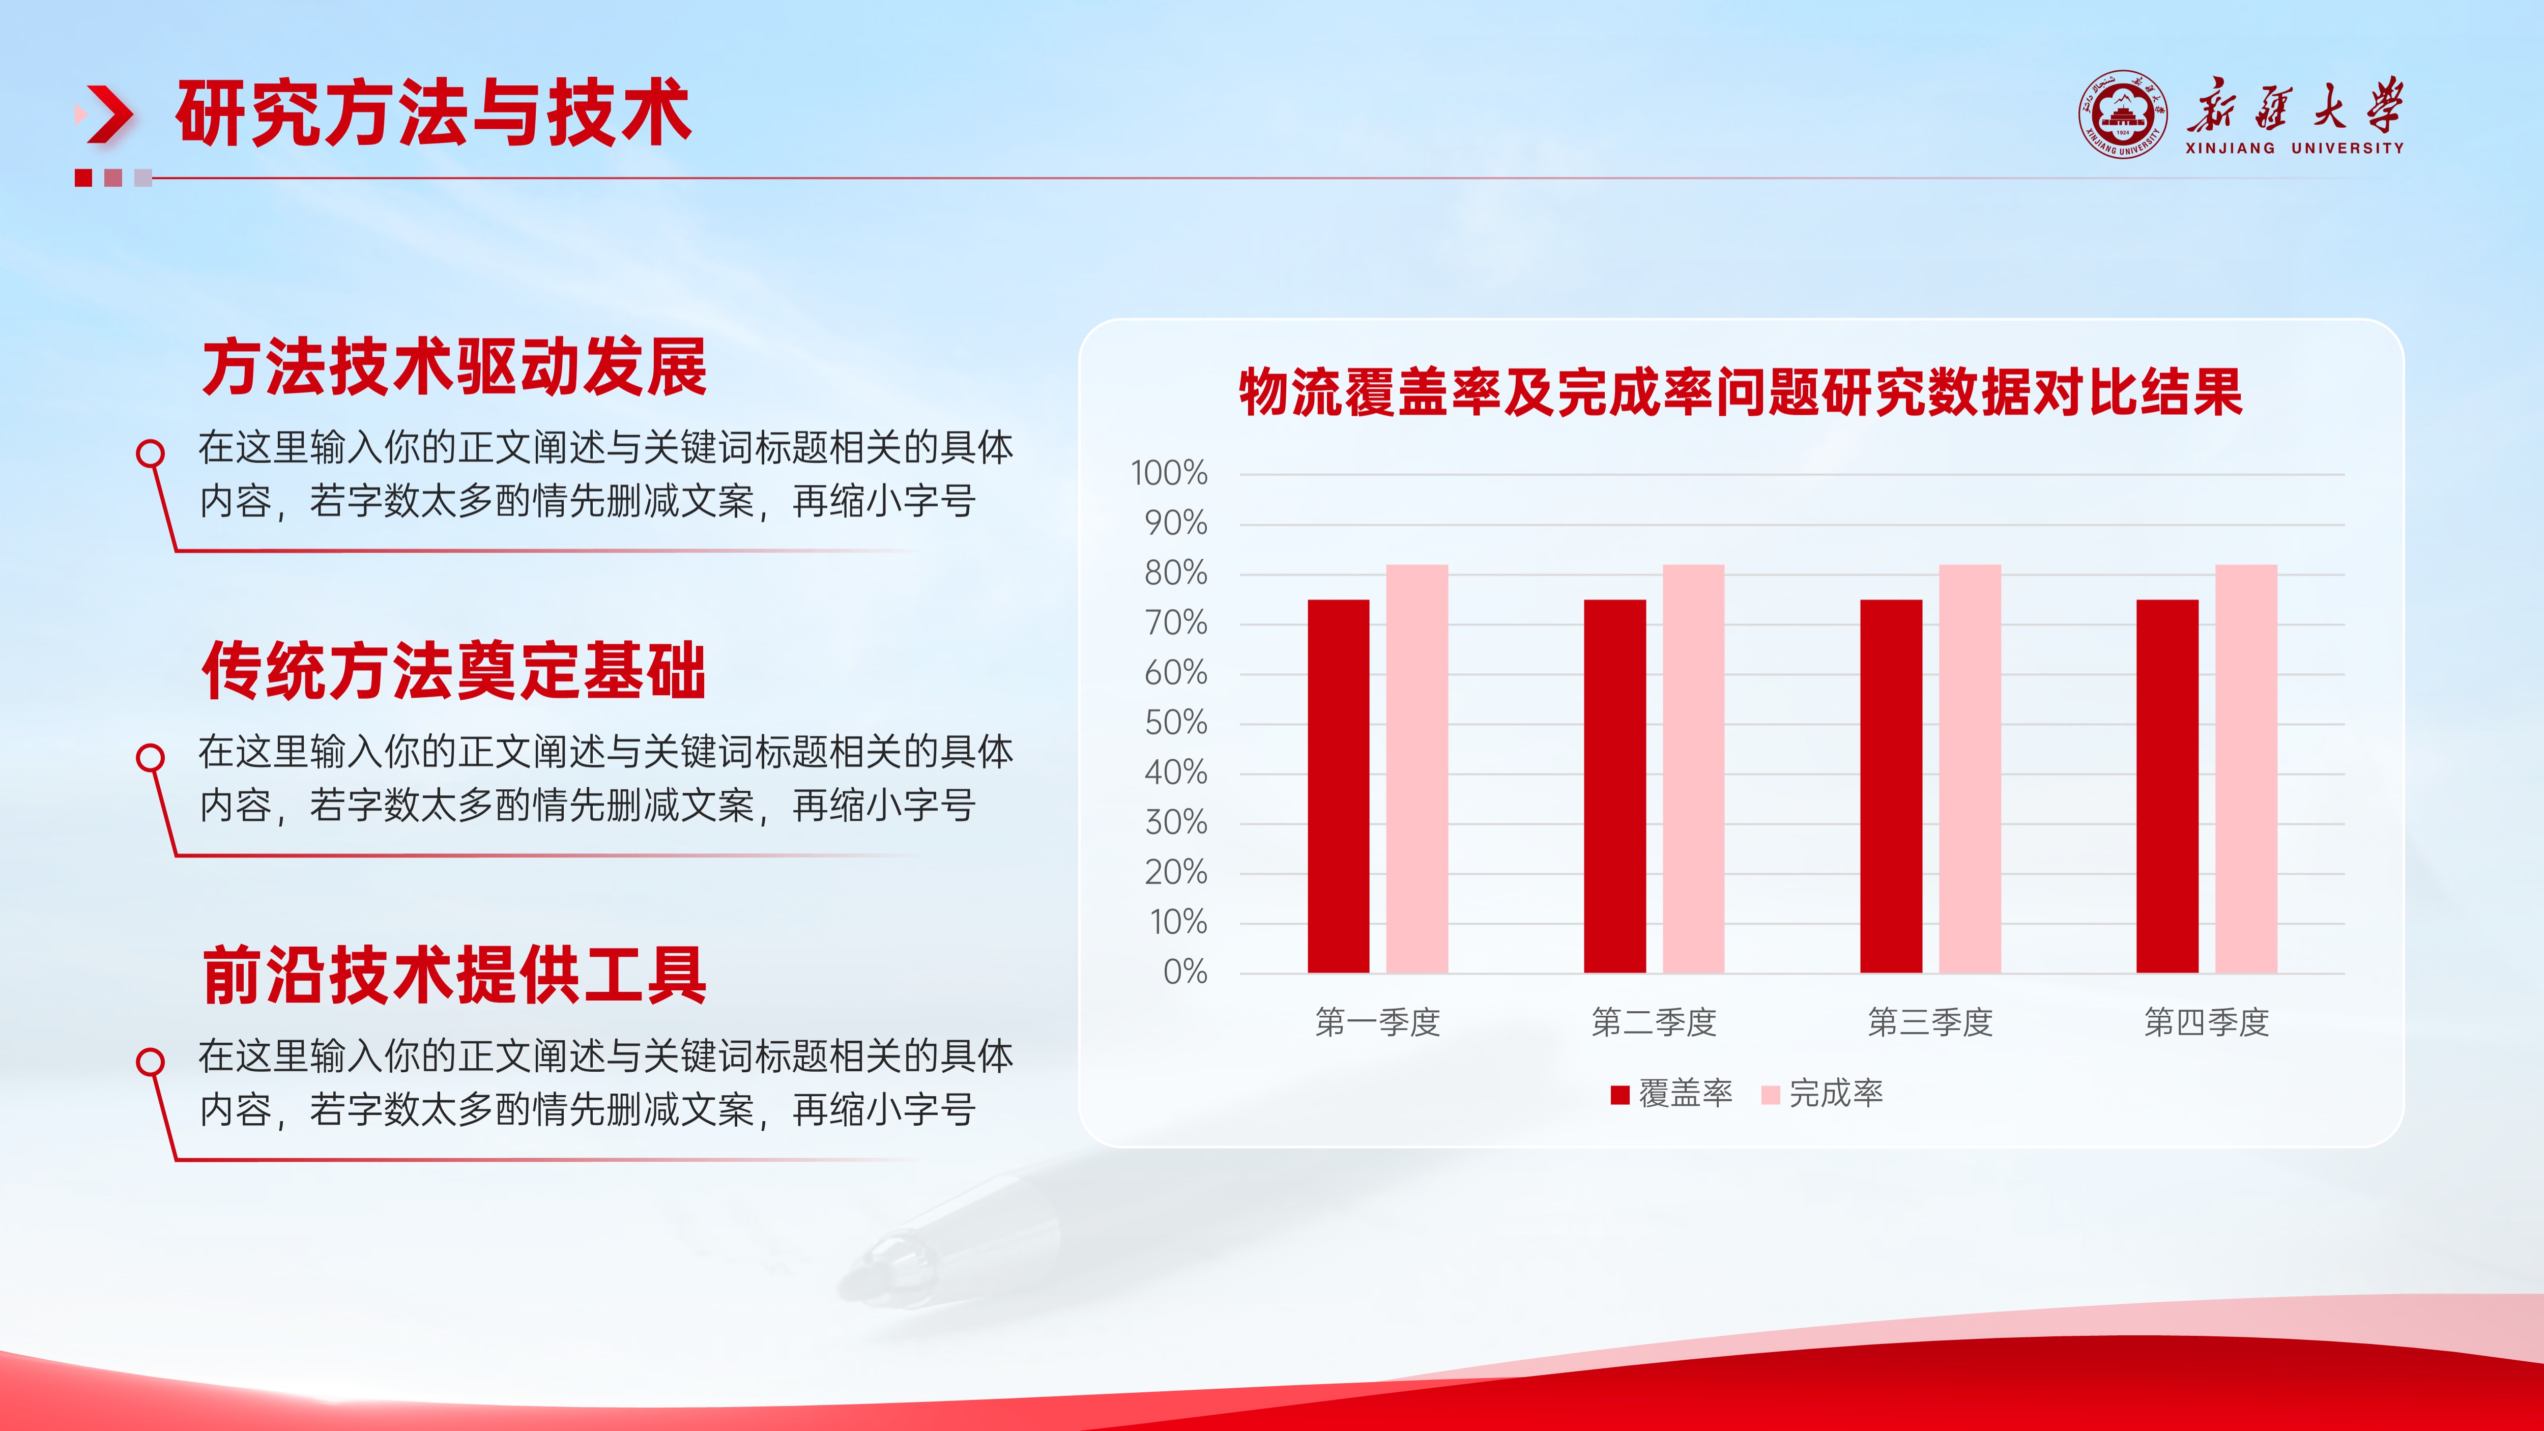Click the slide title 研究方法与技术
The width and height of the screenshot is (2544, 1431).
[x=432, y=113]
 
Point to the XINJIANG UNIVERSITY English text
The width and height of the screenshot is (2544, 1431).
[x=2294, y=148]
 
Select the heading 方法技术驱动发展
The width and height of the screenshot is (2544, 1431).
[x=454, y=367]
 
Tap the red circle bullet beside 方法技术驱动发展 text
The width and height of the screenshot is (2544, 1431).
[x=150, y=453]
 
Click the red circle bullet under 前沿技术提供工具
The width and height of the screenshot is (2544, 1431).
[x=150, y=1062]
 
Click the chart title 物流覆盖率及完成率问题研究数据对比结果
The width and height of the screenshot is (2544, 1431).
[x=1741, y=392]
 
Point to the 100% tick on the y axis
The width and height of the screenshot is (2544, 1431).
[x=1169, y=473]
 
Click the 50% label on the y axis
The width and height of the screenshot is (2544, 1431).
[x=1176, y=723]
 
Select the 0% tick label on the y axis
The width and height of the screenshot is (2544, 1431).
[x=1185, y=972]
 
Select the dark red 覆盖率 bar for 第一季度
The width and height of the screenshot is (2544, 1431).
[x=1338, y=786]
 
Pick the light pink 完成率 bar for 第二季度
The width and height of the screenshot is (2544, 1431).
[x=1694, y=768]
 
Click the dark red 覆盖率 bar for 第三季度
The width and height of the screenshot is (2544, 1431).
[x=1891, y=786]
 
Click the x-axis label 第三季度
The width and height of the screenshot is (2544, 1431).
[x=1931, y=1022]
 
